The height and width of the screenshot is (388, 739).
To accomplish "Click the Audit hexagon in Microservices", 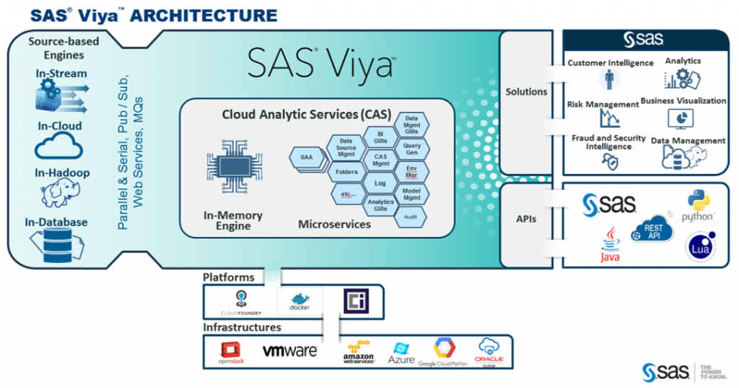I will [410, 216].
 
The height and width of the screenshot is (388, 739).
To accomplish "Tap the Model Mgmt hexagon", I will [411, 194].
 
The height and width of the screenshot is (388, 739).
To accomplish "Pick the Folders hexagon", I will [346, 173].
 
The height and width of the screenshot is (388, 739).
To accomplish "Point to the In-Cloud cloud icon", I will [61, 149].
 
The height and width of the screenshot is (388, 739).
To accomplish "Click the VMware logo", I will [289, 351].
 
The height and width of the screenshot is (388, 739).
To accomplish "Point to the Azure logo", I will [401, 353].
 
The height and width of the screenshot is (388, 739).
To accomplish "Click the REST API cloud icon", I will [652, 230].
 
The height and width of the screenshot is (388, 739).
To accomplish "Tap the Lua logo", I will [699, 246].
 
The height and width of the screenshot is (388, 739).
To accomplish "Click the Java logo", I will [611, 244].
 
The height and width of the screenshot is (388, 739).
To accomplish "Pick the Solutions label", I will [526, 92].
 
